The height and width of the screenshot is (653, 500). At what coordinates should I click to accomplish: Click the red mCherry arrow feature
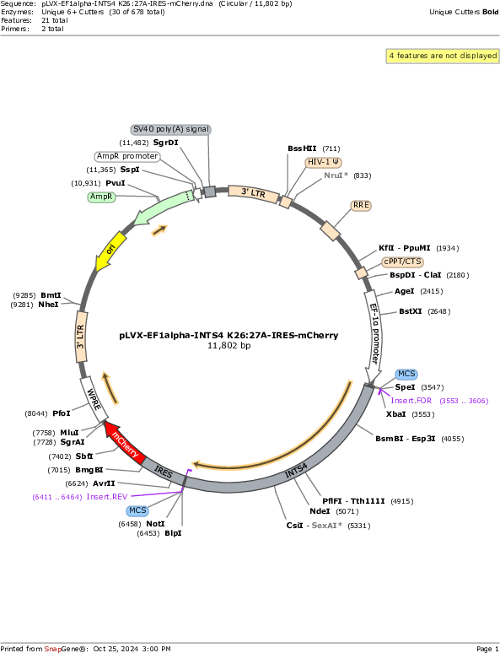(x=125, y=442)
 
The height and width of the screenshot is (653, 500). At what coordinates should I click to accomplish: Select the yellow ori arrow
(x=110, y=251)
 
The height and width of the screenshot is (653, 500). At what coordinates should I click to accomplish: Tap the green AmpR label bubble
(x=101, y=197)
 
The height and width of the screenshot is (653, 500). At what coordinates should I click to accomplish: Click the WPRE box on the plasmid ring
(x=94, y=398)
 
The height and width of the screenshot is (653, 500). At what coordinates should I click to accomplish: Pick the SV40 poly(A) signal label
(x=171, y=130)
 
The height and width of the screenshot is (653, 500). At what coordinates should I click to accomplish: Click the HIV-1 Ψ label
(x=324, y=162)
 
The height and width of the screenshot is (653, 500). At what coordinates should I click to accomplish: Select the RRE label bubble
(x=361, y=205)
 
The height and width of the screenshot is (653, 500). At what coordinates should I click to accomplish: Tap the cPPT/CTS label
(x=402, y=262)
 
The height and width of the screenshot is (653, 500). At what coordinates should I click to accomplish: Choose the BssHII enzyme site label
(x=302, y=148)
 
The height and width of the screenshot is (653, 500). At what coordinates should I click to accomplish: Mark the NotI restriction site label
(x=155, y=524)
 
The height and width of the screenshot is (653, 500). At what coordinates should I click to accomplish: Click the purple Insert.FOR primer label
(x=411, y=401)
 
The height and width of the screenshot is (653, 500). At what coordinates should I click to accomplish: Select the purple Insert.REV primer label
(x=106, y=496)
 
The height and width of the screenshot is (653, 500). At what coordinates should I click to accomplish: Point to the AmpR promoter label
(x=127, y=156)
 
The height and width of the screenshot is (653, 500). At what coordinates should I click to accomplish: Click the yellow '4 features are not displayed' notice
(x=443, y=56)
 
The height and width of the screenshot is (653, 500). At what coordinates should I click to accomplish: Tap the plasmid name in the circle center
(x=229, y=335)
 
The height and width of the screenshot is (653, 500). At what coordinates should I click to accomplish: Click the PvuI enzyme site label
(x=116, y=183)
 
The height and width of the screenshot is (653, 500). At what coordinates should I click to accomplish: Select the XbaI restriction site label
(x=396, y=414)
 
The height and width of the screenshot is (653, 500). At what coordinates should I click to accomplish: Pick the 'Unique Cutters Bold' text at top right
(x=464, y=12)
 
